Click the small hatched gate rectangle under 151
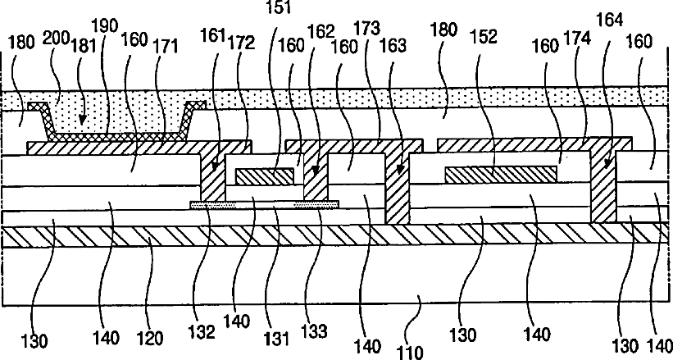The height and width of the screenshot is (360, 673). [x=264, y=176]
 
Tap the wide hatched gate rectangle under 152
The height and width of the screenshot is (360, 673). [x=500, y=173]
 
